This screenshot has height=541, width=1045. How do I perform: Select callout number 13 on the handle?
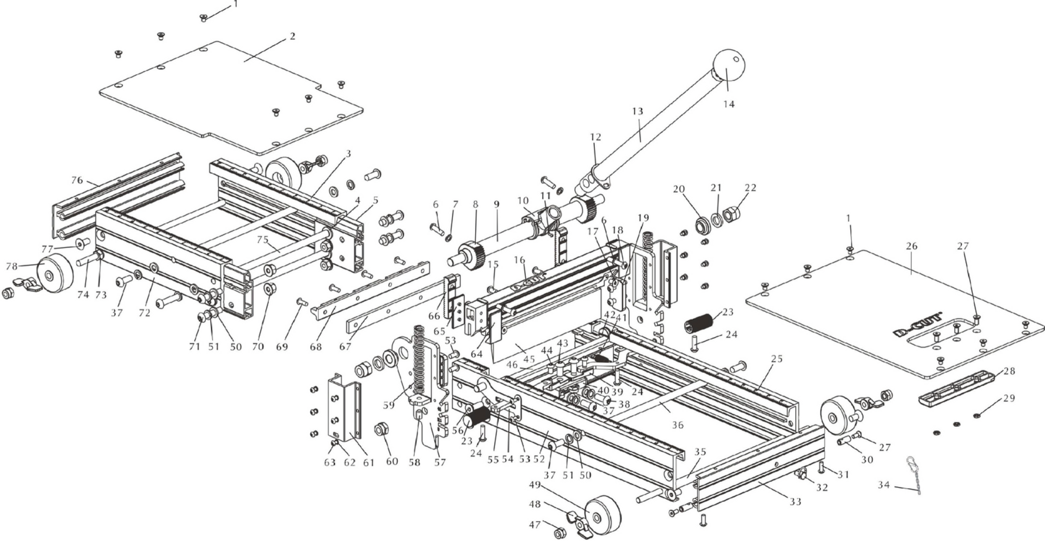pos(637,111)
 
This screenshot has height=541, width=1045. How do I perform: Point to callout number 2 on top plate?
pos(293,37)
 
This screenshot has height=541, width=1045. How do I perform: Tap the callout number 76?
pos(77,180)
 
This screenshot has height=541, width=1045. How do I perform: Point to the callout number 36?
pos(677,425)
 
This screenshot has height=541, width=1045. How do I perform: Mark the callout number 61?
pos(368,463)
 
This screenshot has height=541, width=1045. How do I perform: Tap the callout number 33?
pos(795,502)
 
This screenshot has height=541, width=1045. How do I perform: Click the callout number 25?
pos(776,359)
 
